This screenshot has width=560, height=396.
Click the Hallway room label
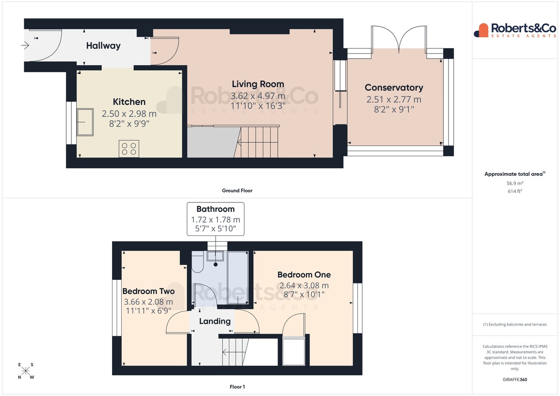103,46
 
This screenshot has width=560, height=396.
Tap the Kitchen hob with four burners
129,149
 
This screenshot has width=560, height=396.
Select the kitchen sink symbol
85,122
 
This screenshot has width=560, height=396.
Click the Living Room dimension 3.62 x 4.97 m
258,96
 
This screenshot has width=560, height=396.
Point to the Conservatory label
394,87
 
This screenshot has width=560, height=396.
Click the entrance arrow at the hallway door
25,45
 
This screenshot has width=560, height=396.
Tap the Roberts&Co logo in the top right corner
515,30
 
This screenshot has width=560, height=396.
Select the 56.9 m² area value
515,183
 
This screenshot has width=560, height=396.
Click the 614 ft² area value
515,191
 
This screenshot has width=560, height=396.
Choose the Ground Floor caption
237,191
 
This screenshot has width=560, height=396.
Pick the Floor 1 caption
237,387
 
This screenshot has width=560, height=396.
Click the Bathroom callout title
216,209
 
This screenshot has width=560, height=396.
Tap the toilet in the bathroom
197,262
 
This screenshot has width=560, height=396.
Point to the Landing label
215,321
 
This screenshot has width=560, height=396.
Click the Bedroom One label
304,275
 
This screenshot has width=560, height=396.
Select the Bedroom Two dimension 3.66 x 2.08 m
148,302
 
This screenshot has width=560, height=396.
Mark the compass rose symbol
26,371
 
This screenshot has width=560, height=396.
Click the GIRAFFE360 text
515,380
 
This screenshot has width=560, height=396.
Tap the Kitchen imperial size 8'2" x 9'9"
129,124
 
